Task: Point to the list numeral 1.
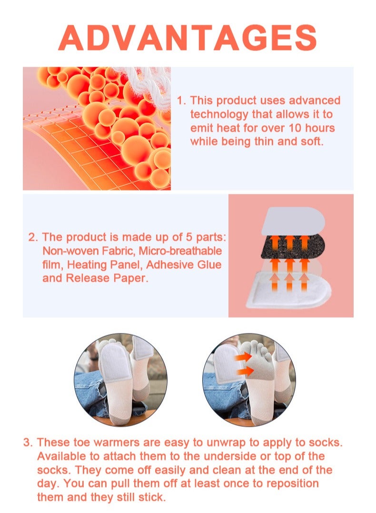tap(180, 101)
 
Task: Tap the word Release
tap(88, 278)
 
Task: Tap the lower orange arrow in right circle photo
tap(244, 371)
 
